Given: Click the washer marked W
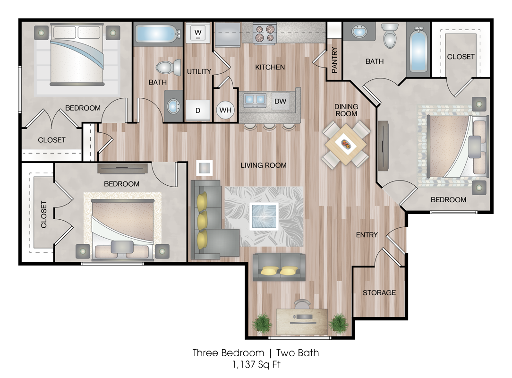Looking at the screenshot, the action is [x=198, y=33].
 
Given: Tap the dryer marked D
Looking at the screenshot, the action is [x=198, y=111].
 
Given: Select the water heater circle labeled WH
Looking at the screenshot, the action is [x=225, y=110].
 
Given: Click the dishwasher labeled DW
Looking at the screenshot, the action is [x=281, y=101].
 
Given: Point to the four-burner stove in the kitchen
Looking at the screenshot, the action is [x=265, y=34].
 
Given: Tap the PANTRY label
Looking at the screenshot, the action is [x=334, y=60].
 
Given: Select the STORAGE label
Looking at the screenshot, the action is [x=379, y=292].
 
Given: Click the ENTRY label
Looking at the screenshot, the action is [x=367, y=234].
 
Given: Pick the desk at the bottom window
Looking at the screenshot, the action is [x=302, y=321].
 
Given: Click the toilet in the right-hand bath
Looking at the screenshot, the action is [x=390, y=35].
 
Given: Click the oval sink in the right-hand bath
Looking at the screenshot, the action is [x=359, y=32].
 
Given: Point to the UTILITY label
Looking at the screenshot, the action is [x=199, y=71].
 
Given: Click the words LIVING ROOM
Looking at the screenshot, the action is [x=264, y=165].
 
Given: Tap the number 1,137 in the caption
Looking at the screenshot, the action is [x=244, y=364].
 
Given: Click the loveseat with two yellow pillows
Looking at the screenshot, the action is [x=279, y=267].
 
